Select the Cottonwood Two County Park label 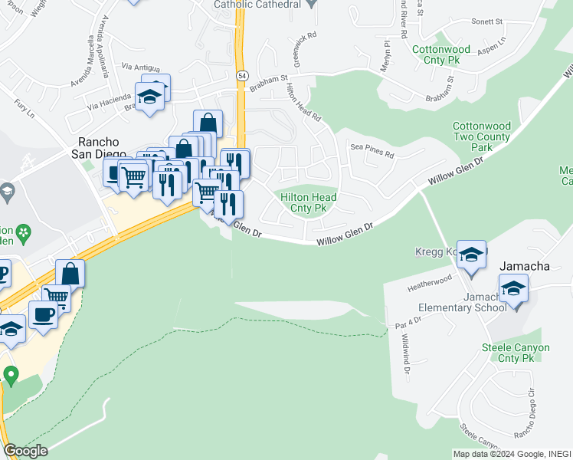pyautogui.click(x=481, y=136)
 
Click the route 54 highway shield pyautogui.click(x=242, y=76)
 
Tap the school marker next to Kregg pyautogui.click(x=471, y=255)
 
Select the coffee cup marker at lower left pyautogui.click(x=43, y=314)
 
